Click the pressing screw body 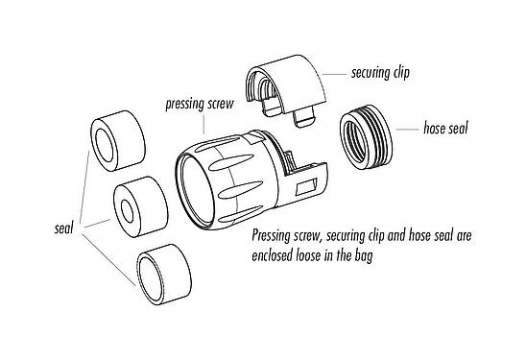235,173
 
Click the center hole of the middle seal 128,205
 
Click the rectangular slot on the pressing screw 312,182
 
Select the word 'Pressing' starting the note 275,234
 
